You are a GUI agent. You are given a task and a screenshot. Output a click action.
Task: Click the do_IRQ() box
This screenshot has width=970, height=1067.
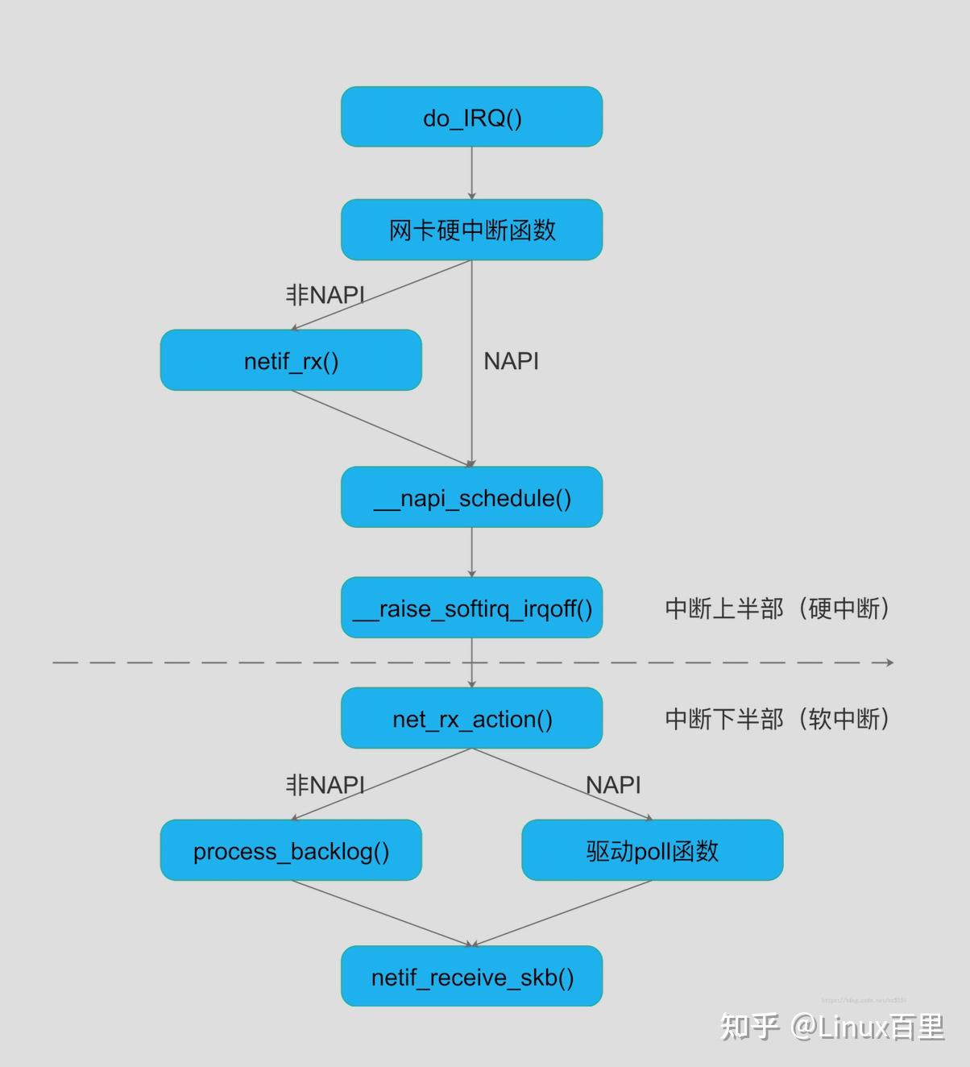(x=471, y=117)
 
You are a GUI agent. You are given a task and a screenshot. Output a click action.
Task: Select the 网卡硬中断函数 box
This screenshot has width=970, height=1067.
(x=471, y=230)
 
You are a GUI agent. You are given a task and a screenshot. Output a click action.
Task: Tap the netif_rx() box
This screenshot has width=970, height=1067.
(x=291, y=360)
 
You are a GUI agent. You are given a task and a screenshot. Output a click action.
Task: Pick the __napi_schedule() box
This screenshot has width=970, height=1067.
(x=471, y=497)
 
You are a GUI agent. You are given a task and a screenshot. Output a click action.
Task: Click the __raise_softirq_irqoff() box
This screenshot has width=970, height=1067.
(x=471, y=608)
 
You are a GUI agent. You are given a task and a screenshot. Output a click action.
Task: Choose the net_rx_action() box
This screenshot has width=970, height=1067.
(x=471, y=718)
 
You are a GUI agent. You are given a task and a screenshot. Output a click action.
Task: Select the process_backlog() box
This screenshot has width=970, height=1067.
(x=291, y=850)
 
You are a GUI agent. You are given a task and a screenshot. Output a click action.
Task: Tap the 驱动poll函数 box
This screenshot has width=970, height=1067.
(x=652, y=850)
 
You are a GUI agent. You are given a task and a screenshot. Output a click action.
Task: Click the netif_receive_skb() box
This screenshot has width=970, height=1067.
(x=471, y=977)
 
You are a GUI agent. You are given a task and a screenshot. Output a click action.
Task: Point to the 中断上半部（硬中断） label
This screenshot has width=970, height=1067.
(x=777, y=608)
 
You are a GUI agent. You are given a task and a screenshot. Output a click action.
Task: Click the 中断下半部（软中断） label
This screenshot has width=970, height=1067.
(x=777, y=718)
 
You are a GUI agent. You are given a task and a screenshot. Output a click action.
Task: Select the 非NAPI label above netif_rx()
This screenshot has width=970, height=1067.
(x=325, y=295)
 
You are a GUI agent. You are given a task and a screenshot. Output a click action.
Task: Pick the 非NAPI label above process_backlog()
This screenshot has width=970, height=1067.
(x=325, y=785)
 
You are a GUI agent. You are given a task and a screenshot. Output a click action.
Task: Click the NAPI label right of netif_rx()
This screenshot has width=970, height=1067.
(x=511, y=361)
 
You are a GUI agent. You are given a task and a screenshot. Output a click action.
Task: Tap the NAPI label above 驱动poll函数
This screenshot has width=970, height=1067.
(x=613, y=785)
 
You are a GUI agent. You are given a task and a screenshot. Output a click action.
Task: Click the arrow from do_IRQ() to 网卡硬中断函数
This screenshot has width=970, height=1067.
(x=471, y=173)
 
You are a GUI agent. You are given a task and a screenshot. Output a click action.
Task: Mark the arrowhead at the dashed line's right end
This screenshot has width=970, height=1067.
(x=889, y=662)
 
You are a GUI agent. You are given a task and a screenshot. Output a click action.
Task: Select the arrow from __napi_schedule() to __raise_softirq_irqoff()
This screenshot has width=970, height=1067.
(x=471, y=552)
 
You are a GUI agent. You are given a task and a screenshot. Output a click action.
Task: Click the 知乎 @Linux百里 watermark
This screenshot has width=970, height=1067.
(x=831, y=1027)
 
